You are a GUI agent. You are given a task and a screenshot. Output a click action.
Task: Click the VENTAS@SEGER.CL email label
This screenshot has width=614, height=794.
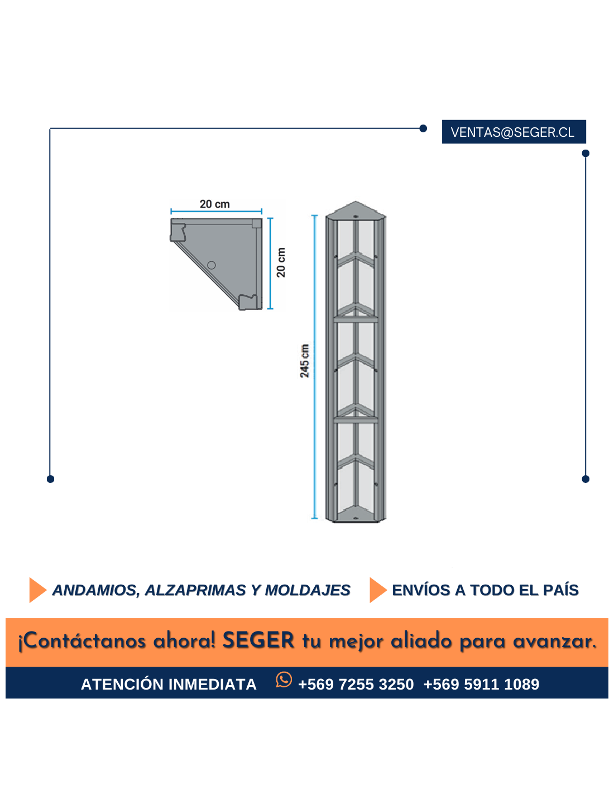tap(512, 132)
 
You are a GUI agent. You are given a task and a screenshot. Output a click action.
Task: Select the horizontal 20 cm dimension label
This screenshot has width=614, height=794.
tap(214, 204)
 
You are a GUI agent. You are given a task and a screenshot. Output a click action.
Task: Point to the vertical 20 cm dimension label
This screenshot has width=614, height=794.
tap(281, 262)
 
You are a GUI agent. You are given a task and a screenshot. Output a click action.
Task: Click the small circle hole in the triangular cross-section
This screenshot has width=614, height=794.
tap(211, 265)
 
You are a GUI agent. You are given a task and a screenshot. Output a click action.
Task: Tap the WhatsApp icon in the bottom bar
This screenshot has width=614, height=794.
tap(284, 680)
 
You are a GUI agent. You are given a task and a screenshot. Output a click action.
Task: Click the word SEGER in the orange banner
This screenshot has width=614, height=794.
tap(258, 640)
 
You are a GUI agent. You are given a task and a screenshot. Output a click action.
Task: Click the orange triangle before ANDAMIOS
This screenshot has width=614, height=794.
tap(37, 590)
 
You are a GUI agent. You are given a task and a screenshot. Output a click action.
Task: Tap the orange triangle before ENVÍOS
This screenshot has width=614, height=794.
tap(378, 590)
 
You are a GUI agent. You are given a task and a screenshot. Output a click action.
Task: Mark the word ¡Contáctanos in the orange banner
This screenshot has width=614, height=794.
tap(82, 641)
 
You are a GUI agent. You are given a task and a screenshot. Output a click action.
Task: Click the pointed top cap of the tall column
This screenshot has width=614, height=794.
tap(356, 210)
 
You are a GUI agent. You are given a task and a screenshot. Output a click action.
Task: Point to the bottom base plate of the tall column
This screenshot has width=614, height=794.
tap(356, 515)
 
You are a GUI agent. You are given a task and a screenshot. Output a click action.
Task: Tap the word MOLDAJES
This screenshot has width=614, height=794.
tap(308, 590)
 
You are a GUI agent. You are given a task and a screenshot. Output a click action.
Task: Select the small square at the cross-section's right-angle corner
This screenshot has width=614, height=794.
tap(256, 223)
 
